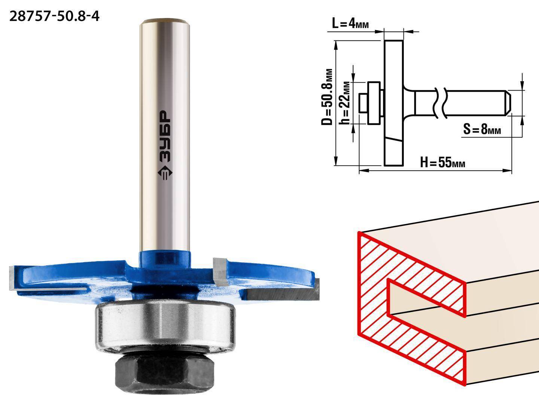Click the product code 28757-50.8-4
point(54,17)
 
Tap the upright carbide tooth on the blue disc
point(220,271)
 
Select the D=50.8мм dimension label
point(327,97)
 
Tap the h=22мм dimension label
point(344,103)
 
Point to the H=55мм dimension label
point(442,162)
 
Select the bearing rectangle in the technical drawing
point(374,103)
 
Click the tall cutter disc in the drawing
point(394,103)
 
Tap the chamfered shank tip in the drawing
point(508,103)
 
